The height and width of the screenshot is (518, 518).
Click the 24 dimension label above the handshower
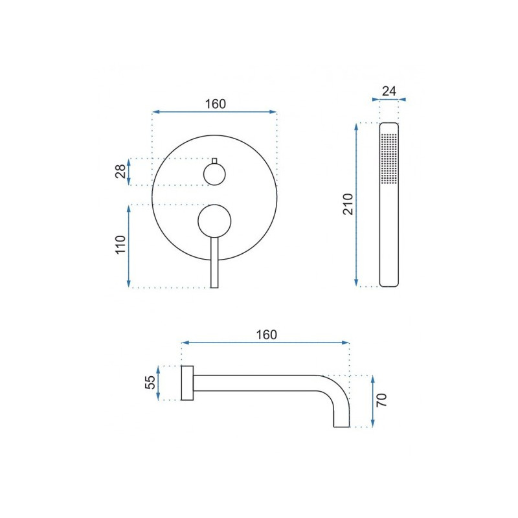coord(389,91)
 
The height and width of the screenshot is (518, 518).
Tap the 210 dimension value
coord(348,204)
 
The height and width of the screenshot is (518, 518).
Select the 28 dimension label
coord(120,172)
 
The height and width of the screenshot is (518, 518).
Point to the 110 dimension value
coord(120,245)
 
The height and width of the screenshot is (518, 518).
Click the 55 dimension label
coord(150,383)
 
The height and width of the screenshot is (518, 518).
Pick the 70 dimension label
coord(381,400)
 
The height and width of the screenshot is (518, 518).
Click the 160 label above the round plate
coord(216,104)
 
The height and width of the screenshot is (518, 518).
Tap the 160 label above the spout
coord(266,335)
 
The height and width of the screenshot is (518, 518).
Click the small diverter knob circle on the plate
coord(214,174)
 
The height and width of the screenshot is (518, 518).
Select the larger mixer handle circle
coord(214,221)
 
